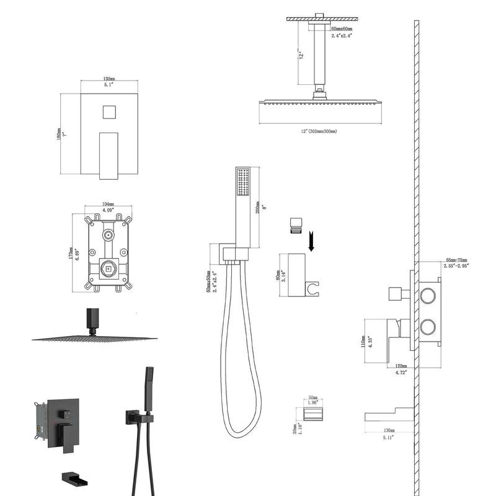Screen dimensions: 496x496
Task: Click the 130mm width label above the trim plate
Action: point(108,79)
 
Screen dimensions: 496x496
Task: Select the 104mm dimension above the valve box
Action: point(108,203)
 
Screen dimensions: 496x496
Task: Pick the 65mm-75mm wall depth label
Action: point(456,260)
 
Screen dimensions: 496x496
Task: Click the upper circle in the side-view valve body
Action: point(428,295)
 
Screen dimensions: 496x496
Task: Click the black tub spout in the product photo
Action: point(77,479)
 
